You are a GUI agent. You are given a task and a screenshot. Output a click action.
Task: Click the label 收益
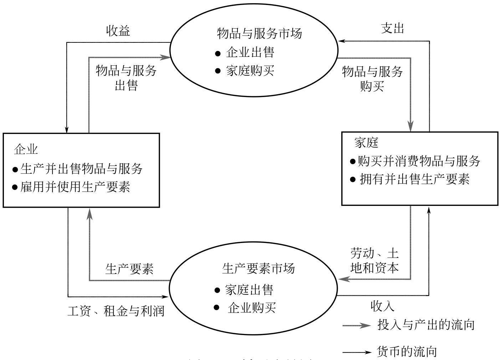118,31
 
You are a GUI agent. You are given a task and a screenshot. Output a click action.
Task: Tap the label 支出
393,28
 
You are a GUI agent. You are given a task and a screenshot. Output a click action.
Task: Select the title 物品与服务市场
259,34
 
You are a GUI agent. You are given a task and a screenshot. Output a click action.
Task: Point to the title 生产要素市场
258,268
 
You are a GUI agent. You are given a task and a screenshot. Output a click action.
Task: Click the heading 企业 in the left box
26,149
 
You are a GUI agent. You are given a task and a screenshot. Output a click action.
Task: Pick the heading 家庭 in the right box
366,143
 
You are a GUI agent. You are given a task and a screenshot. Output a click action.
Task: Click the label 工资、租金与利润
116,311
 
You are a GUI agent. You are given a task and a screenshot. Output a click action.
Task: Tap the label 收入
383,306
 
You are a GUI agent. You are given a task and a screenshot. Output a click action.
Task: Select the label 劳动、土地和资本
374,261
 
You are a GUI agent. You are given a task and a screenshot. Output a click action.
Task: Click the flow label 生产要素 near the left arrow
129,269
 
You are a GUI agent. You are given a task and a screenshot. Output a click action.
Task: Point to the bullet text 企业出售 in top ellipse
250,53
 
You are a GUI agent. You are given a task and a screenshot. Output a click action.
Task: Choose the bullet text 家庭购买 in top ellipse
250,71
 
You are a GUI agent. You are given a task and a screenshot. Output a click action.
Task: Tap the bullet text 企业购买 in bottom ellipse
252,308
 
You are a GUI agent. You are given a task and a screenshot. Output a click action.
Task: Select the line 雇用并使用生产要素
75,187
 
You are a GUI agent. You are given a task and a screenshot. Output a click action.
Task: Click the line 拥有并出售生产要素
415,179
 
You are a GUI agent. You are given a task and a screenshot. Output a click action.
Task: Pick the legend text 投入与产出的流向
426,325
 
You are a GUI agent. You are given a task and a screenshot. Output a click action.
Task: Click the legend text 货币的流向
407,352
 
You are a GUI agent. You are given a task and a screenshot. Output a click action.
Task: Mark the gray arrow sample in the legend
357,325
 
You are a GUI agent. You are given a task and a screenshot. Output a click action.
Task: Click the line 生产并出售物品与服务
82,168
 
